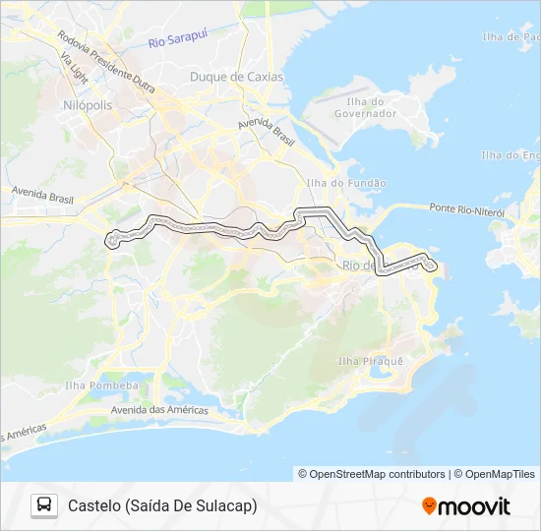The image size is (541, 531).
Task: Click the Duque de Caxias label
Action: [236, 77]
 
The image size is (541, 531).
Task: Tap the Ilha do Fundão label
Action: [346, 183]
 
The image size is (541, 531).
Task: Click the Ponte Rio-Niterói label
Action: [466, 209]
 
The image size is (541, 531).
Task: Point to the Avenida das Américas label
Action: [158, 409]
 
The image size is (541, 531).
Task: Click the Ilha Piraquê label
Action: [370, 362]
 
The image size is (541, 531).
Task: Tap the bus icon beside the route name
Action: [44, 505]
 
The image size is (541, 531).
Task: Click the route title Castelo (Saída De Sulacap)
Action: [162, 505]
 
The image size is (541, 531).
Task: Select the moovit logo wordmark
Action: [475, 506]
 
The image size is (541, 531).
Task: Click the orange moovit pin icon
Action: [429, 505]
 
